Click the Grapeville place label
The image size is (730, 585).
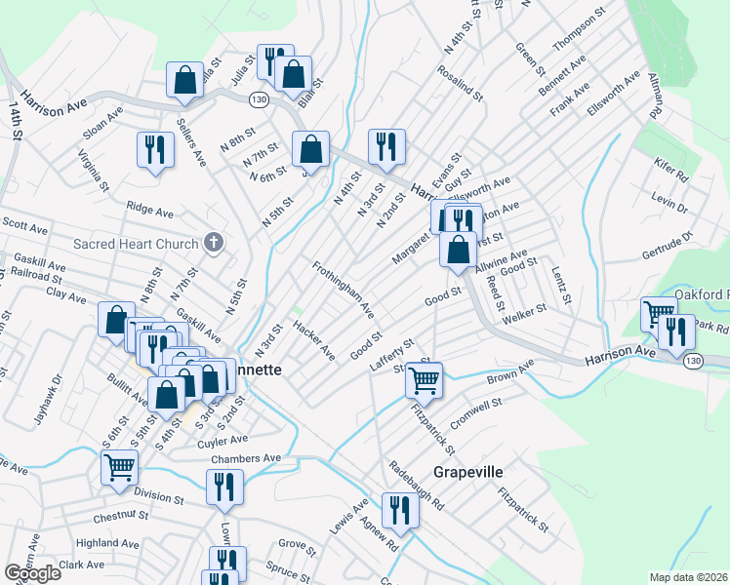462,472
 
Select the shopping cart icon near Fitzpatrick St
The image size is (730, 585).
425,378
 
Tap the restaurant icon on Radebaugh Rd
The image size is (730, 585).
399,510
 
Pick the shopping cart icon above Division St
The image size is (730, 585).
119,467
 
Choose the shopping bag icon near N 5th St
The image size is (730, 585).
310,150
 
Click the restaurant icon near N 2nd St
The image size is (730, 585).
386,146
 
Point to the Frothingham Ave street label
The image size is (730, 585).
344,290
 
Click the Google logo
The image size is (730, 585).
32,573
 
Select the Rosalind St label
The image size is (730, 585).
461,83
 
